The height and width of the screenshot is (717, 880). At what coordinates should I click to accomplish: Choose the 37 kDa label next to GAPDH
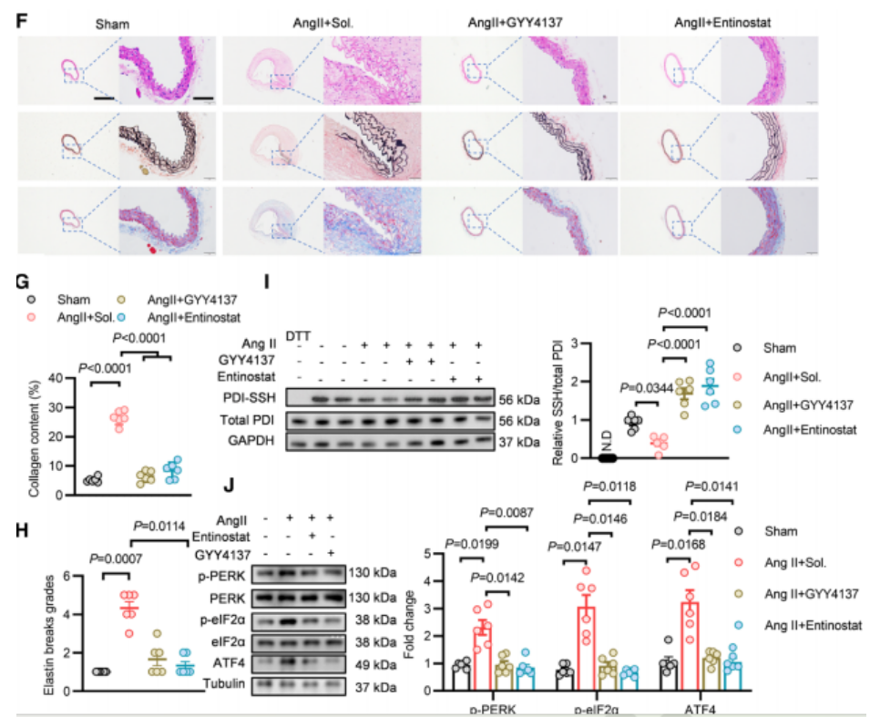point(520,442)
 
